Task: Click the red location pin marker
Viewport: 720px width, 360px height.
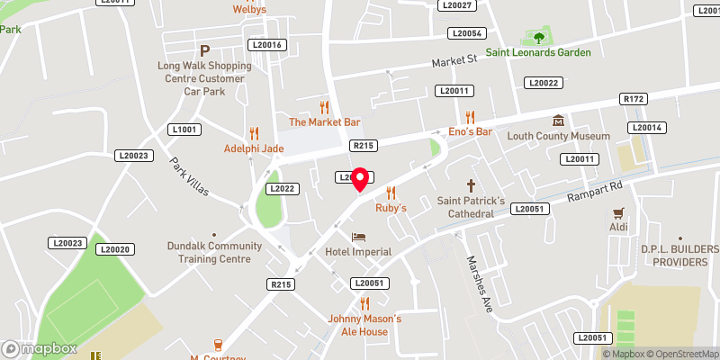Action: [x=360, y=178]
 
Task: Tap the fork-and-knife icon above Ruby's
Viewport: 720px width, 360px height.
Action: [x=391, y=192]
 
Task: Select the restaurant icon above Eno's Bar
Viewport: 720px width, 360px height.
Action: [x=469, y=117]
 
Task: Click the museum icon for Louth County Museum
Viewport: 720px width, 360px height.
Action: [x=558, y=121]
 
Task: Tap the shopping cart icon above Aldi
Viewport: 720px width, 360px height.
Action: [x=618, y=213]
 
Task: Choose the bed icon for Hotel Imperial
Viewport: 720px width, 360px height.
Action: [x=359, y=237]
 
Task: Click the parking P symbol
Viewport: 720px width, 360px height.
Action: [x=204, y=50]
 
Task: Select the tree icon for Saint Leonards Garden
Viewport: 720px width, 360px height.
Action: [x=539, y=38]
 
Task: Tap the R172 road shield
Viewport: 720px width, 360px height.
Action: [x=634, y=99]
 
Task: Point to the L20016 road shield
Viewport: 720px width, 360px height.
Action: [x=266, y=45]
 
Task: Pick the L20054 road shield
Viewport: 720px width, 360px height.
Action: [x=468, y=33]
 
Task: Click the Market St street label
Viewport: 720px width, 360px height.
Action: [x=453, y=62]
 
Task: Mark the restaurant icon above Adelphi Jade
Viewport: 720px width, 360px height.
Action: [x=254, y=132]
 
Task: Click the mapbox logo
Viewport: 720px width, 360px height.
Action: [x=38, y=348]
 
